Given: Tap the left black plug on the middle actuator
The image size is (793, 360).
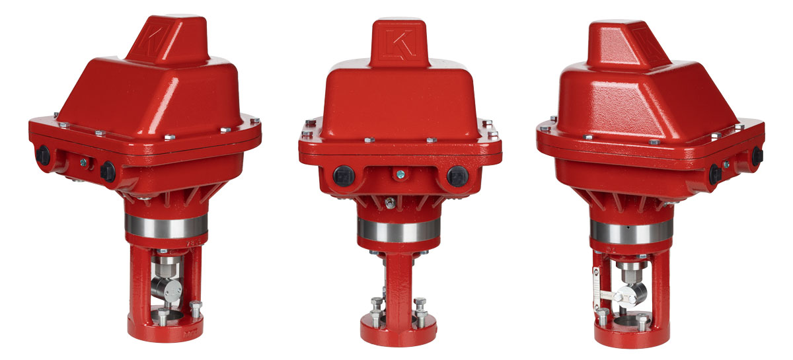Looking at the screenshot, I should [344, 176].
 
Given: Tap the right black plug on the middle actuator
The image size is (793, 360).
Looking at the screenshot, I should [454, 176].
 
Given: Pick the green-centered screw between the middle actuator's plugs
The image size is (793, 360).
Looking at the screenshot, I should [398, 174].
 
